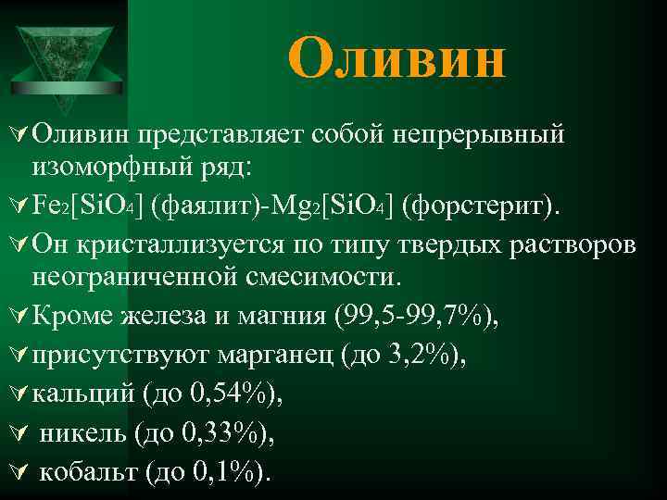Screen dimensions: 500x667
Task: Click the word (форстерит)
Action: coord(478,204)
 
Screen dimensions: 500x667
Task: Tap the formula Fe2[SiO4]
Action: coord(84,204)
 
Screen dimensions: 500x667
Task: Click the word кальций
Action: coord(83,395)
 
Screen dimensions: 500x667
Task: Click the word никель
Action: coord(83,433)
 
